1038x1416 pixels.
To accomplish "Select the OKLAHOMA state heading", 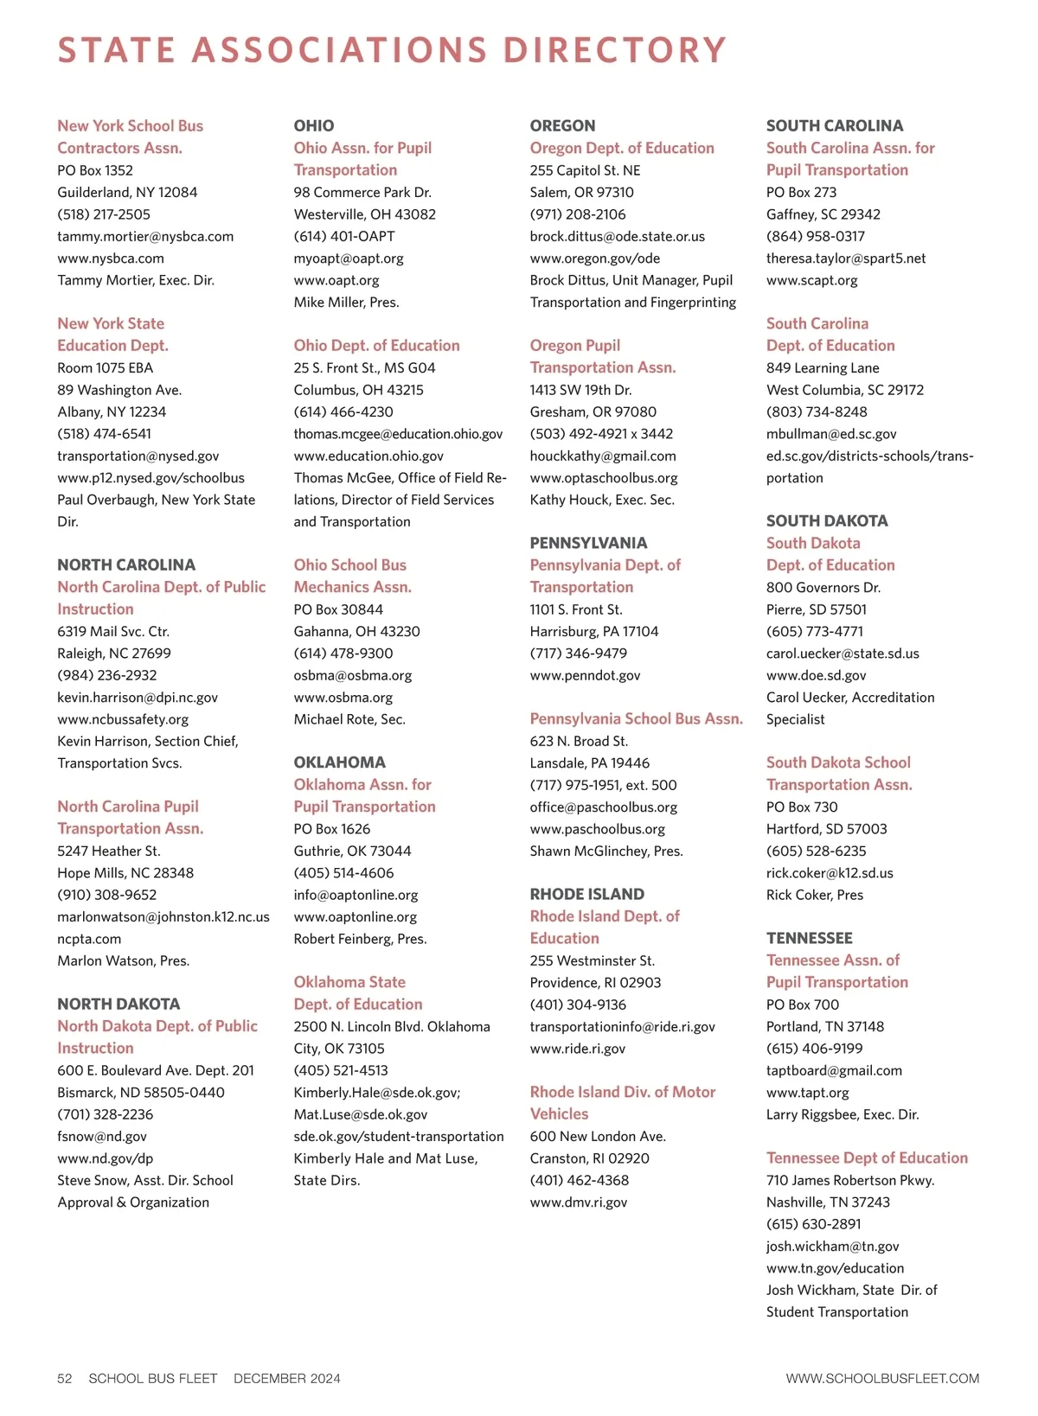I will pyautogui.click(x=339, y=762).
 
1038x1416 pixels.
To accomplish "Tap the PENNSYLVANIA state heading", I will pyautogui.click(x=588, y=543).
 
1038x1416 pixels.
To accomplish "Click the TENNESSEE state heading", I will pyautogui.click(x=809, y=938).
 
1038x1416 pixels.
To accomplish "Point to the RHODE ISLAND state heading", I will pyautogui.click(x=586, y=894).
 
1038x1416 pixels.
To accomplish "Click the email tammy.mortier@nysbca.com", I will pyautogui.click(x=145, y=236).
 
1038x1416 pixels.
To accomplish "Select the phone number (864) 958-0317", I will pyautogui.click(x=815, y=236).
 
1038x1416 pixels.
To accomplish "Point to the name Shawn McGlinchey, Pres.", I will pyautogui.click(x=605, y=851).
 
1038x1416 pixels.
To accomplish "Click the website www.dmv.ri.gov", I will pyautogui.click(x=578, y=1202).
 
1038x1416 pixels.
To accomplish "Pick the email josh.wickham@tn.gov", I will pyautogui.click(x=832, y=1246).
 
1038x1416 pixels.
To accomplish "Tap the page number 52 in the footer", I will pyautogui.click(x=65, y=1378).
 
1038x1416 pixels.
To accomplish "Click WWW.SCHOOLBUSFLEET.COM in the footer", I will pyautogui.click(x=882, y=1378).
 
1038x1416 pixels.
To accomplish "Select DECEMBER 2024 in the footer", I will pyautogui.click(x=286, y=1378).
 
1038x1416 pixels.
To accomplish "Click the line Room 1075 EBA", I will pyautogui.click(x=105, y=367).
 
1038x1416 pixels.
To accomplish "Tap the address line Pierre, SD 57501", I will pyautogui.click(x=814, y=609).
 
